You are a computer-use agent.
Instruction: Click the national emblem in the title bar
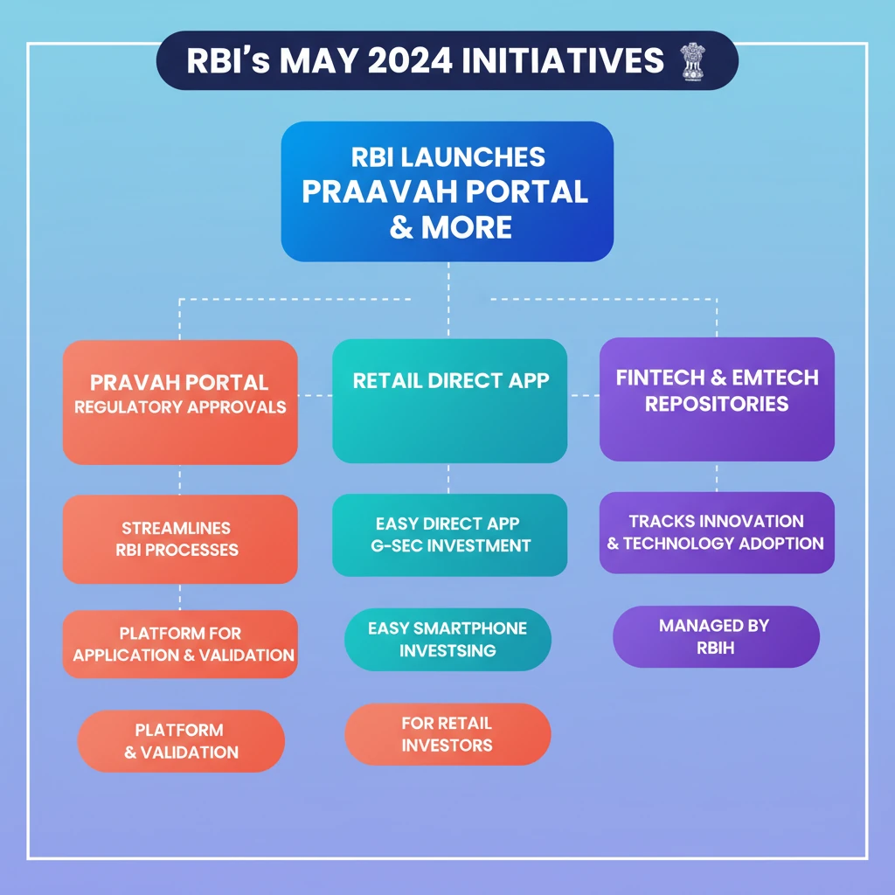[693, 61]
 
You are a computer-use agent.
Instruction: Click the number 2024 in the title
[410, 60]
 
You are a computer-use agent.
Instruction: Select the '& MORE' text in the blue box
[450, 227]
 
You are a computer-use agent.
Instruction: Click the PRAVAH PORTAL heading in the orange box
[179, 383]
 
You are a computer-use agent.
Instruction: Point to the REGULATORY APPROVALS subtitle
[180, 407]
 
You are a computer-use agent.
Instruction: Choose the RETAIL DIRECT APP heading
[450, 381]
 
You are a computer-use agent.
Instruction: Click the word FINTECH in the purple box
[661, 378]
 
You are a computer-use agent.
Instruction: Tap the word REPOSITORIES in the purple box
[717, 404]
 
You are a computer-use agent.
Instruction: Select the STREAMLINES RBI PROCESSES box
[180, 538]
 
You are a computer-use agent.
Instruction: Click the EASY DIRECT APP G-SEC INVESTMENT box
[450, 535]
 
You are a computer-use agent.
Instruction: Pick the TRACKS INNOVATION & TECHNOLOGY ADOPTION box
[717, 532]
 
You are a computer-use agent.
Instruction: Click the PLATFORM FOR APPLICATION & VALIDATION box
[180, 644]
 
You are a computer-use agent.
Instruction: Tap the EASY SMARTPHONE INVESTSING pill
[447, 639]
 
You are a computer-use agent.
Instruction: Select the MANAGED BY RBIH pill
[716, 636]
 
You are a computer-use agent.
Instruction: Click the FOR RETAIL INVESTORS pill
[447, 734]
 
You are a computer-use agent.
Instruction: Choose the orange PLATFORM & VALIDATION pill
[181, 741]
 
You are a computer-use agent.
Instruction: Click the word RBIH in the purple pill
[715, 648]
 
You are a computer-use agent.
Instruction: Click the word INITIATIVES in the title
[563, 60]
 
